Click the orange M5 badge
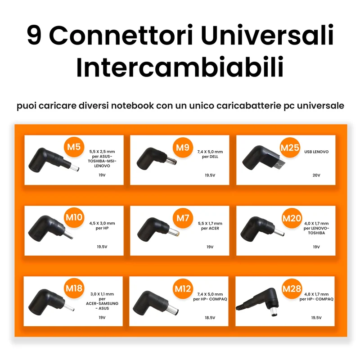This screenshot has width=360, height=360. [74, 147]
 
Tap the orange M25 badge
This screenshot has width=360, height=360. [290, 148]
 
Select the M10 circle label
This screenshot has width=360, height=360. [74, 217]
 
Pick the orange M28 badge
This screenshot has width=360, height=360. [292, 288]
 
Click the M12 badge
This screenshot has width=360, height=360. [183, 288]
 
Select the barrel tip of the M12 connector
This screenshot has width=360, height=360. [173, 310]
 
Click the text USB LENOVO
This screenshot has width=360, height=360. [316, 152]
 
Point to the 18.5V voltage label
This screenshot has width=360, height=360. [210, 318]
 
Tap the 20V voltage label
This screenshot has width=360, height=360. [316, 175]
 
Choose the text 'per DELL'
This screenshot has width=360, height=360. [210, 157]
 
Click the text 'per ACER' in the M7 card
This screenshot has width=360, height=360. [210, 228]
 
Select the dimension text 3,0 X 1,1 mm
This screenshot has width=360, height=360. [102, 294]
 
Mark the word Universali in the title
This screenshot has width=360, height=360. [267, 35]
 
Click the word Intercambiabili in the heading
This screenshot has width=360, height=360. [180, 67]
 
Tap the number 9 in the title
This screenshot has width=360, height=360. [34, 35]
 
